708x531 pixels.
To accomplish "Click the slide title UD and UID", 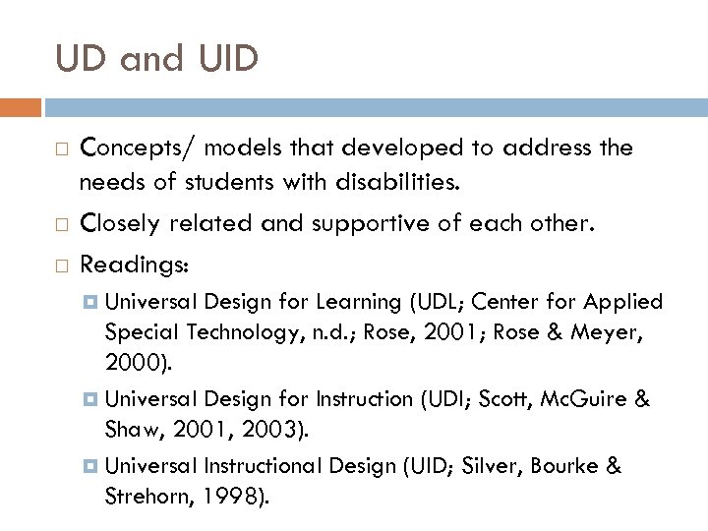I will click(x=157, y=58).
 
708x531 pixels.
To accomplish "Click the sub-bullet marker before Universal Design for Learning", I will click(x=91, y=302).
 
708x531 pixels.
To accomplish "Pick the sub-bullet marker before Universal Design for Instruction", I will click(x=91, y=398).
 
